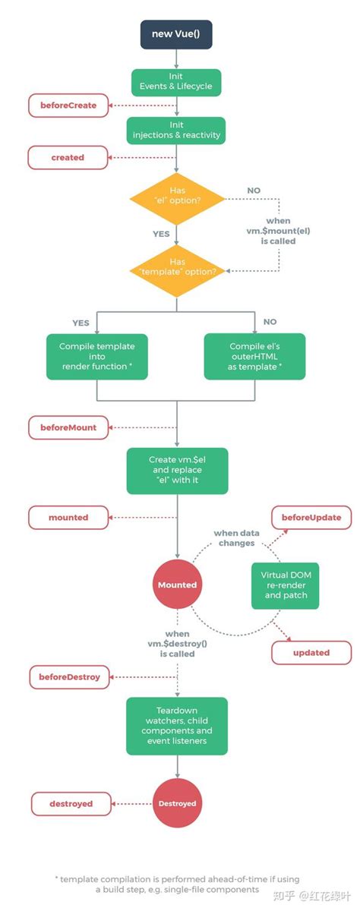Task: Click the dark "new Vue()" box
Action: coord(176,34)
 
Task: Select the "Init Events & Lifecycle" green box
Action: coord(176,82)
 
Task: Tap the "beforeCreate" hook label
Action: coord(68,106)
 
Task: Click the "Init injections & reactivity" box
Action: coord(176,131)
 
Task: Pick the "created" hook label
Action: coord(68,157)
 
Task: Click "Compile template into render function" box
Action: coord(96,356)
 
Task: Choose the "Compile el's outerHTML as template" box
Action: coord(255,356)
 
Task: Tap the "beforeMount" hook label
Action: coord(68,427)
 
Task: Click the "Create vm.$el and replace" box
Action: coord(176,470)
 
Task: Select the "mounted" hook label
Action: coord(68,517)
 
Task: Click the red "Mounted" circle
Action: coord(177,585)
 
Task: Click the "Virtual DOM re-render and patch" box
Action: coord(286,585)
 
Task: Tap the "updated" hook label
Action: coord(311,652)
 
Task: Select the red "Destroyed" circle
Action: coord(177,803)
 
